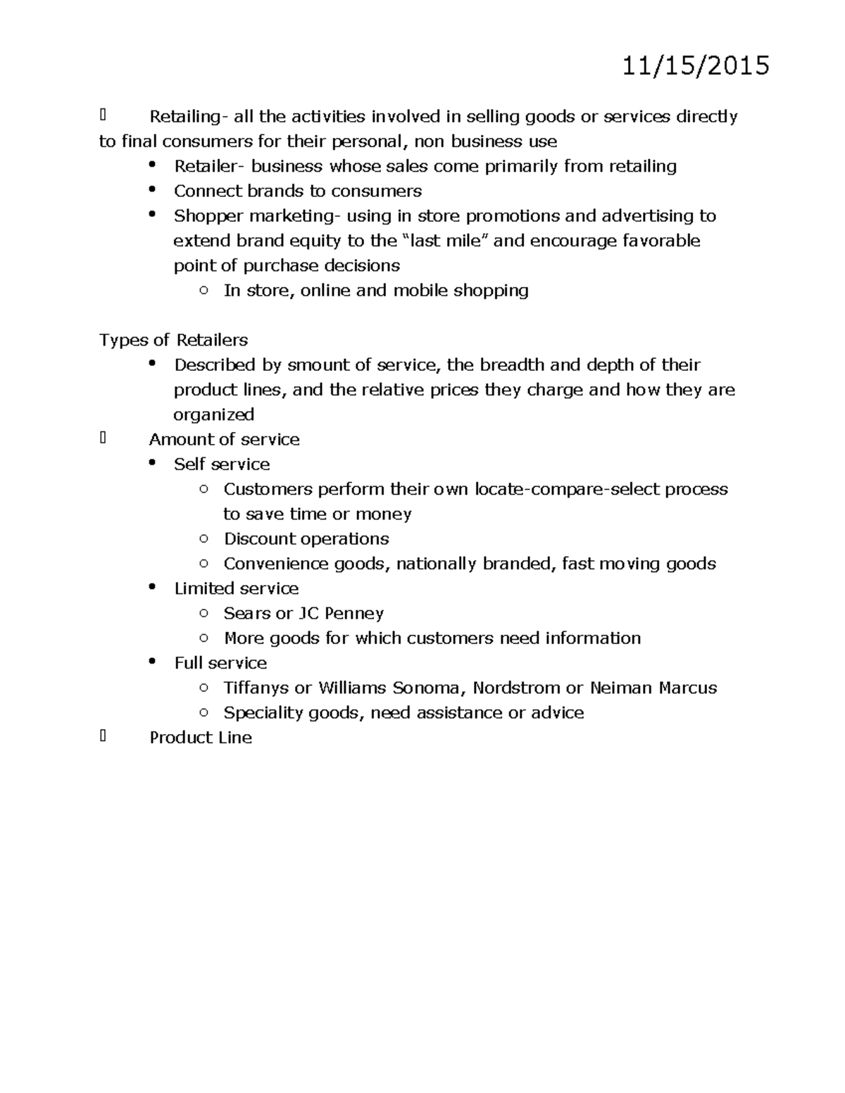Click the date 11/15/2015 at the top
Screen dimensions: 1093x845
tap(696, 66)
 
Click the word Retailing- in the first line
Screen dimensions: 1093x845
tap(187, 117)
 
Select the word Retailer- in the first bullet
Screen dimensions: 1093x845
tap(209, 167)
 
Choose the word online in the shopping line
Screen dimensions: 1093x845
tap(325, 291)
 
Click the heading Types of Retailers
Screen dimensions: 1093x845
tap(173, 341)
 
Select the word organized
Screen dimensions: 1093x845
tap(213, 415)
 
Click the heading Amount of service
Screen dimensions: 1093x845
tap(224, 440)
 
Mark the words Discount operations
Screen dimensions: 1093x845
tap(306, 539)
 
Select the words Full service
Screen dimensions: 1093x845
tap(220, 663)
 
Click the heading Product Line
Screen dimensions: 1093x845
tap(201, 738)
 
